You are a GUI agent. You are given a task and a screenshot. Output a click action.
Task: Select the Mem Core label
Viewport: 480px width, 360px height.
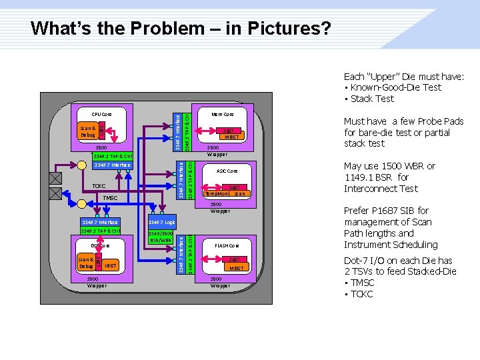tap(223, 114)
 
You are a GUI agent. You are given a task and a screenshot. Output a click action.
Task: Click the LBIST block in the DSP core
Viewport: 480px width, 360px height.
tap(110, 265)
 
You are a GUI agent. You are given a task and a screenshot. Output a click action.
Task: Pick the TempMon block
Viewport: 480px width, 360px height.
tap(217, 193)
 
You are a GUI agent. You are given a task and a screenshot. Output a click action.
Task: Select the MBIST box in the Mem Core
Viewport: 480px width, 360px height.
tap(231, 137)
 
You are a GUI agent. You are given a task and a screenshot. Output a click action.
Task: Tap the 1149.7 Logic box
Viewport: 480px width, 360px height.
tap(161, 222)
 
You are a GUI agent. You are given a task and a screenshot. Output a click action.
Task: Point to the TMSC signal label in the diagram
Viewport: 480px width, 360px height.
tap(109, 198)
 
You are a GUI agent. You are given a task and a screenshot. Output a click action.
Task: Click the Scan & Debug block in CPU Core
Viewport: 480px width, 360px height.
tap(87, 131)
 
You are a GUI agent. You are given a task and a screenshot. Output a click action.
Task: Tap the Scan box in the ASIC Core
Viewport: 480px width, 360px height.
tap(239, 193)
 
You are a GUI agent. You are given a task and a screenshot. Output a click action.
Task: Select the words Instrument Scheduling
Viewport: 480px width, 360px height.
tap(391, 245)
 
